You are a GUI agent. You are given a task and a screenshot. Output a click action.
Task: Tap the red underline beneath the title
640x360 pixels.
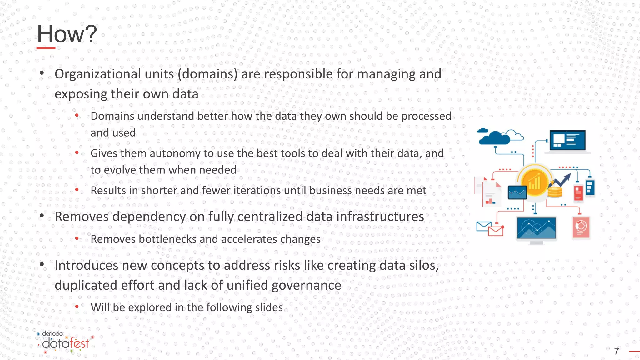(x=46, y=48)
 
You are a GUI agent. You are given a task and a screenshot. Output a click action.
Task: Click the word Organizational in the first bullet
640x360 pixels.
(x=97, y=74)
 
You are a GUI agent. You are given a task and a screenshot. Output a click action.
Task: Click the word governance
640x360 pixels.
(x=306, y=285)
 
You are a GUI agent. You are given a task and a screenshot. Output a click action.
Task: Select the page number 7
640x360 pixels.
(x=616, y=351)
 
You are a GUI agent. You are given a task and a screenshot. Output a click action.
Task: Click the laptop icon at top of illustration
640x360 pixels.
(x=567, y=141)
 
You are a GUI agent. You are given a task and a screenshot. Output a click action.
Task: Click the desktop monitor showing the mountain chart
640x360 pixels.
(x=536, y=229)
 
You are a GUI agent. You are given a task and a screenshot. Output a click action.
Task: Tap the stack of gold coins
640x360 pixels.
(x=555, y=192)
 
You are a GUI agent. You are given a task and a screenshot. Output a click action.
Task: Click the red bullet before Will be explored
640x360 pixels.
(x=77, y=307)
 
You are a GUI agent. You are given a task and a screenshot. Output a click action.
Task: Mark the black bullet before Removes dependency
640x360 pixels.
(x=42, y=216)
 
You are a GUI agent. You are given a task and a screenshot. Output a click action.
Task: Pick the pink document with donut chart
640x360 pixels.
(x=581, y=227)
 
